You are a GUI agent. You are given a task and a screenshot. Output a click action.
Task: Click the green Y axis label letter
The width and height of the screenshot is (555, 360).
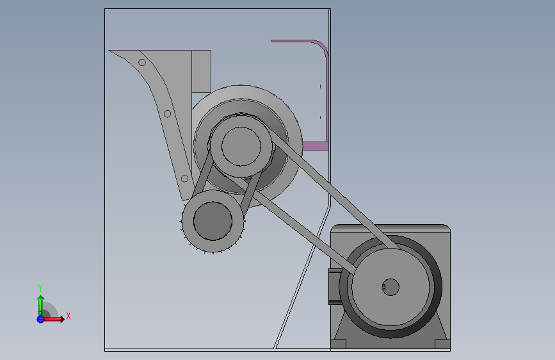pyautogui.click(x=40, y=288)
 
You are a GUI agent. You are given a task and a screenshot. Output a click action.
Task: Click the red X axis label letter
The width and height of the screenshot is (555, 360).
pyautogui.click(x=68, y=316)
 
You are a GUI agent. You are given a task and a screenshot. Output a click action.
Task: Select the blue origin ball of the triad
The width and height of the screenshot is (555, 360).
pyautogui.click(x=40, y=319)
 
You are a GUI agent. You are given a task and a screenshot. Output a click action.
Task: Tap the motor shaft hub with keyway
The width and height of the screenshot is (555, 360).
pyautogui.click(x=390, y=287)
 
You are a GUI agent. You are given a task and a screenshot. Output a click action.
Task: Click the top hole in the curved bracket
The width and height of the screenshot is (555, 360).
pyautogui.click(x=142, y=63)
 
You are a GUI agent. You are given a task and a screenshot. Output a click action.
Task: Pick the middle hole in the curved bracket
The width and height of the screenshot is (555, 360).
pyautogui.click(x=168, y=114)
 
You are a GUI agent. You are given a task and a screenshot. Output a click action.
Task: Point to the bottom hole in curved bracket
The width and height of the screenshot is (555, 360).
pyautogui.click(x=184, y=179)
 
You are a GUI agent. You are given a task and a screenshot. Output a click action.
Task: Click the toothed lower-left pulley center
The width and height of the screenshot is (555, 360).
pyautogui.click(x=213, y=221)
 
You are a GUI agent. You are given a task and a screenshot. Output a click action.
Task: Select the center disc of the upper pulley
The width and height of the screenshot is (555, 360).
pyautogui.click(x=241, y=146)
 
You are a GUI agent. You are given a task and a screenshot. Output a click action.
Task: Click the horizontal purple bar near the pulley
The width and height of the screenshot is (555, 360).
pyautogui.click(x=316, y=146)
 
